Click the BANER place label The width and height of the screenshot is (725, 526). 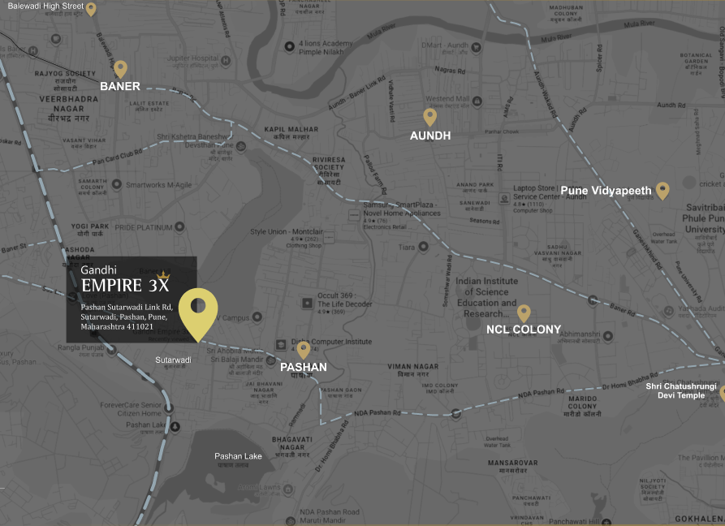pos(120,86)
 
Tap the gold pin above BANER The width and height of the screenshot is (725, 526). pos(120,68)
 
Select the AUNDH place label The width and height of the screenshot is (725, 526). pos(430,136)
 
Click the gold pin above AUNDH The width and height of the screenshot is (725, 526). pos(430,117)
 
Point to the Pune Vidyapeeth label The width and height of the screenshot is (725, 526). pos(606,191)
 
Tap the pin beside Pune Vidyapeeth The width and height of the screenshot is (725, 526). pos(662,190)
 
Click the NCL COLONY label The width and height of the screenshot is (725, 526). pos(524,330)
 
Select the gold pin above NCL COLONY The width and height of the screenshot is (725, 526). pos(524,312)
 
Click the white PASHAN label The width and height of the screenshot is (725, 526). pos(304,367)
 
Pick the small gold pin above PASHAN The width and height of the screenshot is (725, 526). pos(304,349)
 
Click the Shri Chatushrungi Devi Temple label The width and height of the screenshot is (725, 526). pos(681,391)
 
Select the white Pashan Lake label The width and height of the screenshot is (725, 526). pos(239,456)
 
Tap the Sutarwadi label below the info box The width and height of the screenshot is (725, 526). pos(174,360)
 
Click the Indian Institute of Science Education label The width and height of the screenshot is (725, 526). pos(486,297)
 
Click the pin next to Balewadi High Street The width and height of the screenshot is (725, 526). pos(91,9)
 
